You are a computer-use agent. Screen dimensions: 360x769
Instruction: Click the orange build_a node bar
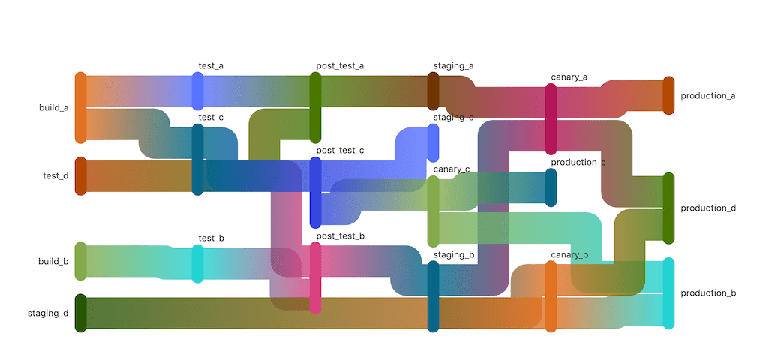[x=80, y=107]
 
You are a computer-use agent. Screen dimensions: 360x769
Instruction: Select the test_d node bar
[x=80, y=176]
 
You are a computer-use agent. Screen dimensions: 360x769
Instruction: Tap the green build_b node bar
[x=80, y=261]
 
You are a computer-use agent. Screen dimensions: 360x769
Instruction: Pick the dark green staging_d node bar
[x=80, y=313]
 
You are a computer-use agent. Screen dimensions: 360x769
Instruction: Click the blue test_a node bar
[x=197, y=91]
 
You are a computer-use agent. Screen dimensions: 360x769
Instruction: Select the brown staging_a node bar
[x=433, y=91]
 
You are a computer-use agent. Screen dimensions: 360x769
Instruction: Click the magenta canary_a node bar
[x=551, y=118]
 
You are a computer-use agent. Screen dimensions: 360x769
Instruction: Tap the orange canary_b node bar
[x=551, y=296]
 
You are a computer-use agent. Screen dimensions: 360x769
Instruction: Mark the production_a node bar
[x=668, y=95]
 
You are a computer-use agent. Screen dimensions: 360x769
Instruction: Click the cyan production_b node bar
[x=668, y=293]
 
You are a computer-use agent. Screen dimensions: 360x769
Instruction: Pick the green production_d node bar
[x=668, y=208]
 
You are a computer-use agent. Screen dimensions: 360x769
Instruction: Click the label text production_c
[x=578, y=162]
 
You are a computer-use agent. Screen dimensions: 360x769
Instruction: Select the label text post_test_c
[x=340, y=151]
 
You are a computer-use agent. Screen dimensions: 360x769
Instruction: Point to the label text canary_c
[x=452, y=169]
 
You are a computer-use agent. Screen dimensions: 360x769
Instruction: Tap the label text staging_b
[x=454, y=254]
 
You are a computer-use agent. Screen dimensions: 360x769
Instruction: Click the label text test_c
[x=211, y=118]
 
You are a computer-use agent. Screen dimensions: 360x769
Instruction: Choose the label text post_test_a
[x=340, y=65]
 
